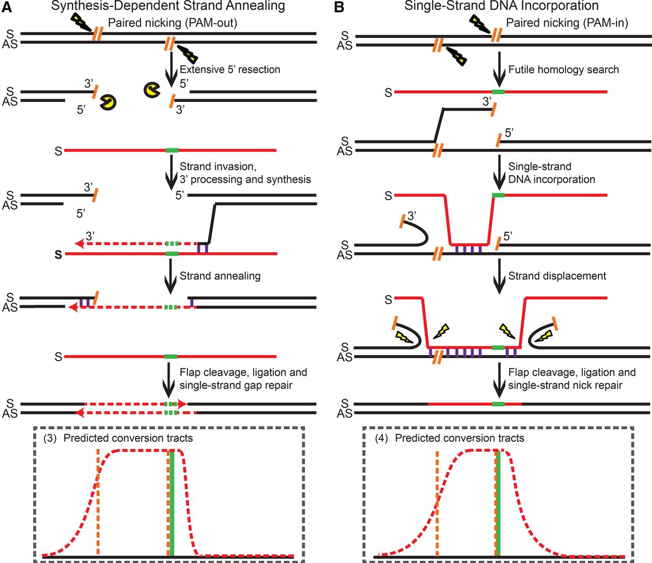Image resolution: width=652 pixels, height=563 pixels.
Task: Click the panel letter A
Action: [x=7, y=7]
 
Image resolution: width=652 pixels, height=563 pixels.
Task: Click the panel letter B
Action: [x=340, y=7]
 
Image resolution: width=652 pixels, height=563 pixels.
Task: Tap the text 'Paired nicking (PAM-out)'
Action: [x=172, y=23]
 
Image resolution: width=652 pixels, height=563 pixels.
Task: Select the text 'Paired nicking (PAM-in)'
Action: [x=566, y=23]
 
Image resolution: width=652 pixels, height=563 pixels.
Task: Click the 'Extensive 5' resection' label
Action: [x=230, y=69]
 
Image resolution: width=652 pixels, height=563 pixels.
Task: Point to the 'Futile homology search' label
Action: [x=563, y=69]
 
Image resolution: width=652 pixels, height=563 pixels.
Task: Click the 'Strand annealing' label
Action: [x=220, y=276]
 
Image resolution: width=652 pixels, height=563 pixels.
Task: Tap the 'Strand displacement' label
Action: [x=557, y=276]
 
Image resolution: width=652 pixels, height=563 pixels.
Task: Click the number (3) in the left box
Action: [x=50, y=438]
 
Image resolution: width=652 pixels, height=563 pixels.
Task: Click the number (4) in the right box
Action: [x=382, y=438]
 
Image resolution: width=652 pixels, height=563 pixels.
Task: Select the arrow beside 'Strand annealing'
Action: [x=170, y=280]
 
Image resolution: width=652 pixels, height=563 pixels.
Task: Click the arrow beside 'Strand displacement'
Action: [x=499, y=280]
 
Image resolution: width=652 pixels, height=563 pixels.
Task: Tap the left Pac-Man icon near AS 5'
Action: [x=108, y=102]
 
